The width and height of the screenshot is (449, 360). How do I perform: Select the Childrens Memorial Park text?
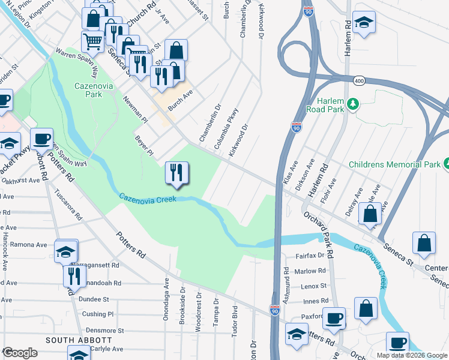click(394, 164)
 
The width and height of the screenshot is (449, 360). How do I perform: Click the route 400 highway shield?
click(360, 80)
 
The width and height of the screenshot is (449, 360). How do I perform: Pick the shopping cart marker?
click(92, 41)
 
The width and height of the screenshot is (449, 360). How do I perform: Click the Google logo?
click(20, 352)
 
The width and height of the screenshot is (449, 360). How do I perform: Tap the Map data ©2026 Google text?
click(412, 355)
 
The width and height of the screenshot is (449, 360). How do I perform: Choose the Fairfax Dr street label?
click(310, 256)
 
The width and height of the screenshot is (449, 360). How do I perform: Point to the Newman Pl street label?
click(136, 109)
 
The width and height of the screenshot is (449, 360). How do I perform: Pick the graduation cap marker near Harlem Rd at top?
click(364, 23)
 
